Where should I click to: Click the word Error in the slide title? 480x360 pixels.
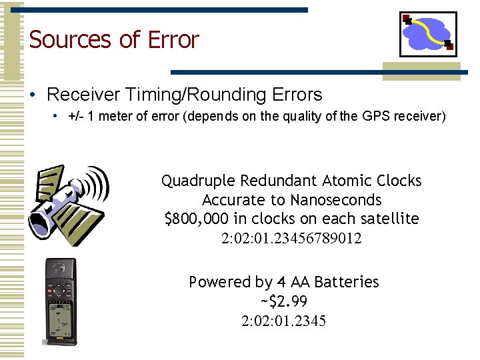[173, 40]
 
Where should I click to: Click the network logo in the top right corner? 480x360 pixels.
[428, 34]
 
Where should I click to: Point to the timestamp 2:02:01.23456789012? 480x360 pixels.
[291, 238]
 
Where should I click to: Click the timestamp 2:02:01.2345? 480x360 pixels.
[283, 321]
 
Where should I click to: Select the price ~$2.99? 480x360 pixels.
[283, 302]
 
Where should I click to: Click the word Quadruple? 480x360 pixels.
[198, 181]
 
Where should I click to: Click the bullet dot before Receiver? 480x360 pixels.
[33, 95]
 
